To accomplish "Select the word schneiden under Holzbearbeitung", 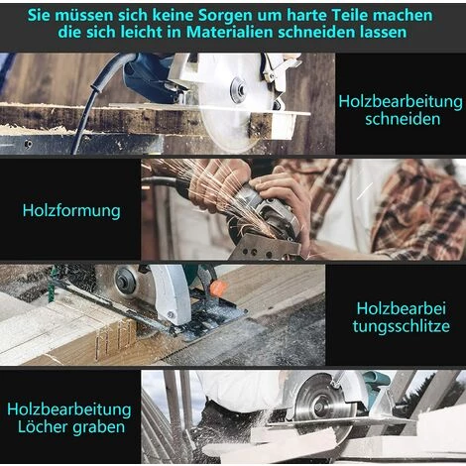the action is (403, 119).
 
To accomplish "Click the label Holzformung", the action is (71, 211).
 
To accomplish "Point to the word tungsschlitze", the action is (402, 326).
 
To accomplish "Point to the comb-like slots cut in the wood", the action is (116, 339).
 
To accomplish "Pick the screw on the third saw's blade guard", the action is (171, 314).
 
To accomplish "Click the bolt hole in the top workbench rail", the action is (29, 144).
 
